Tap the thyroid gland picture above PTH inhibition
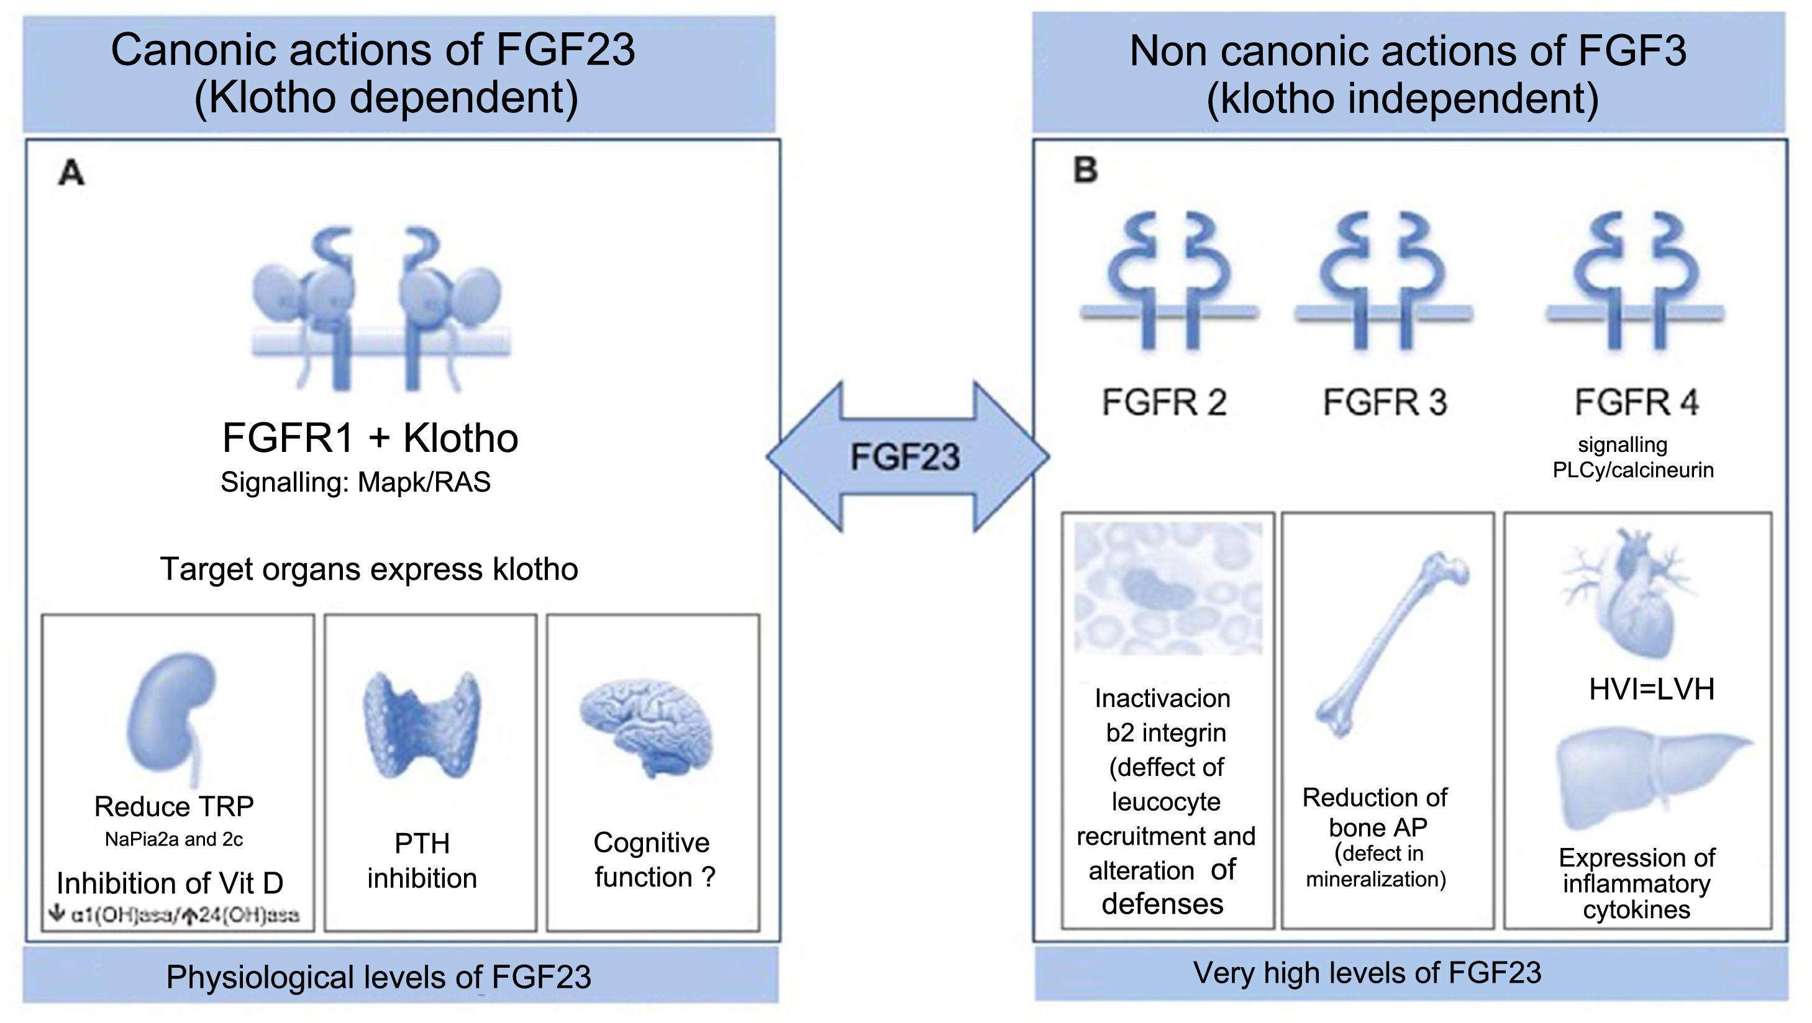pos(422,724)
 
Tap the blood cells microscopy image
pos(1168,588)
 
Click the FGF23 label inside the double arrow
pos(905,457)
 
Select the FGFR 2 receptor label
pos(1164,402)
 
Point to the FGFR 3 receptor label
pos(1385,402)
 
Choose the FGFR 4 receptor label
pos(1636,402)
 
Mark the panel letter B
pos(1085,170)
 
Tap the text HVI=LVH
pos(1652,689)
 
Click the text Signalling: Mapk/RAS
pos(355,482)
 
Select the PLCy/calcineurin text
pos(1633,470)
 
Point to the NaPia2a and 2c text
pos(174,839)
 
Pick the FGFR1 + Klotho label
pos(370,438)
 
